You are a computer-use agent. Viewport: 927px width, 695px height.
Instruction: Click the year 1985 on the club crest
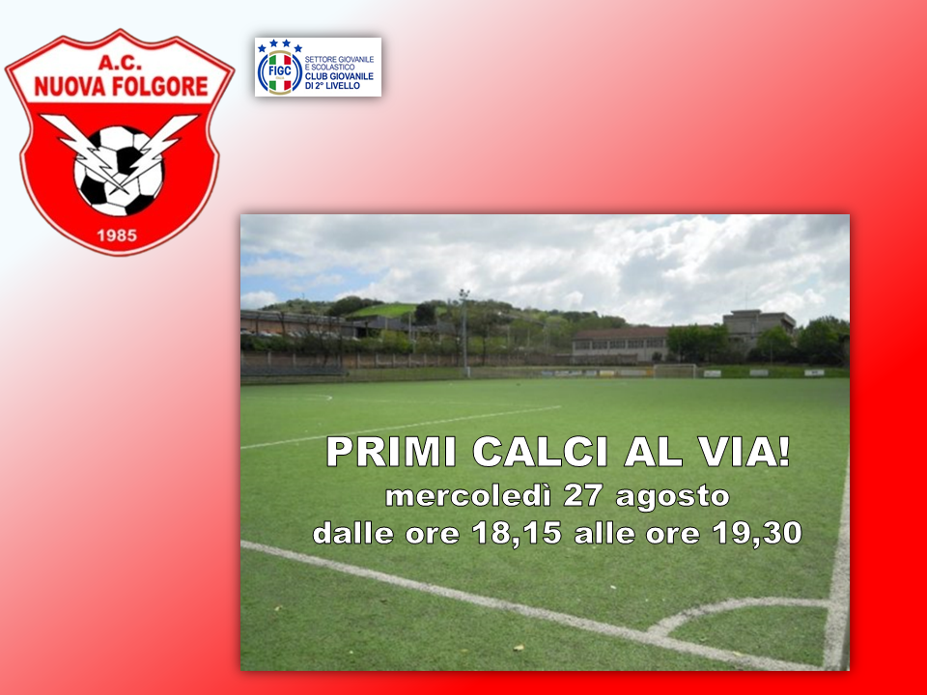pyautogui.click(x=117, y=236)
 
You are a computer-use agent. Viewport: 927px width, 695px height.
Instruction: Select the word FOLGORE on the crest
pyautogui.click(x=160, y=87)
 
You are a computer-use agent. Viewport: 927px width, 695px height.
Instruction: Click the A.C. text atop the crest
pyautogui.click(x=120, y=63)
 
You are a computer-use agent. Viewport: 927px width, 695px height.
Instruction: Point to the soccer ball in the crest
pyautogui.click(x=118, y=171)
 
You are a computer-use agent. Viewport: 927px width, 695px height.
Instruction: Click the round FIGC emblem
pyautogui.click(x=280, y=72)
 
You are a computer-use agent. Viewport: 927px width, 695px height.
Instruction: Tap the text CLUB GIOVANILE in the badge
pyautogui.click(x=339, y=77)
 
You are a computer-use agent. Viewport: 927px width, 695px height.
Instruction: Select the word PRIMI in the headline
pyautogui.click(x=391, y=452)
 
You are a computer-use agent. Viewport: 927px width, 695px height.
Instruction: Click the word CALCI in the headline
pyautogui.click(x=541, y=452)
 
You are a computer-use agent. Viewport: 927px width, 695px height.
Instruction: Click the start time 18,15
pyautogui.click(x=516, y=533)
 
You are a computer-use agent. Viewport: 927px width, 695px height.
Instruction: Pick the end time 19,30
pyautogui.click(x=757, y=533)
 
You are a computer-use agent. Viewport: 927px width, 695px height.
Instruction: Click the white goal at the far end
pyautogui.click(x=675, y=371)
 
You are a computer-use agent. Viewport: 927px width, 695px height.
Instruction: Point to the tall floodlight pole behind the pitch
pyautogui.click(x=464, y=332)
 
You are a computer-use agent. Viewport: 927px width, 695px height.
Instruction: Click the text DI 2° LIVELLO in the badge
pyautogui.click(x=332, y=86)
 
